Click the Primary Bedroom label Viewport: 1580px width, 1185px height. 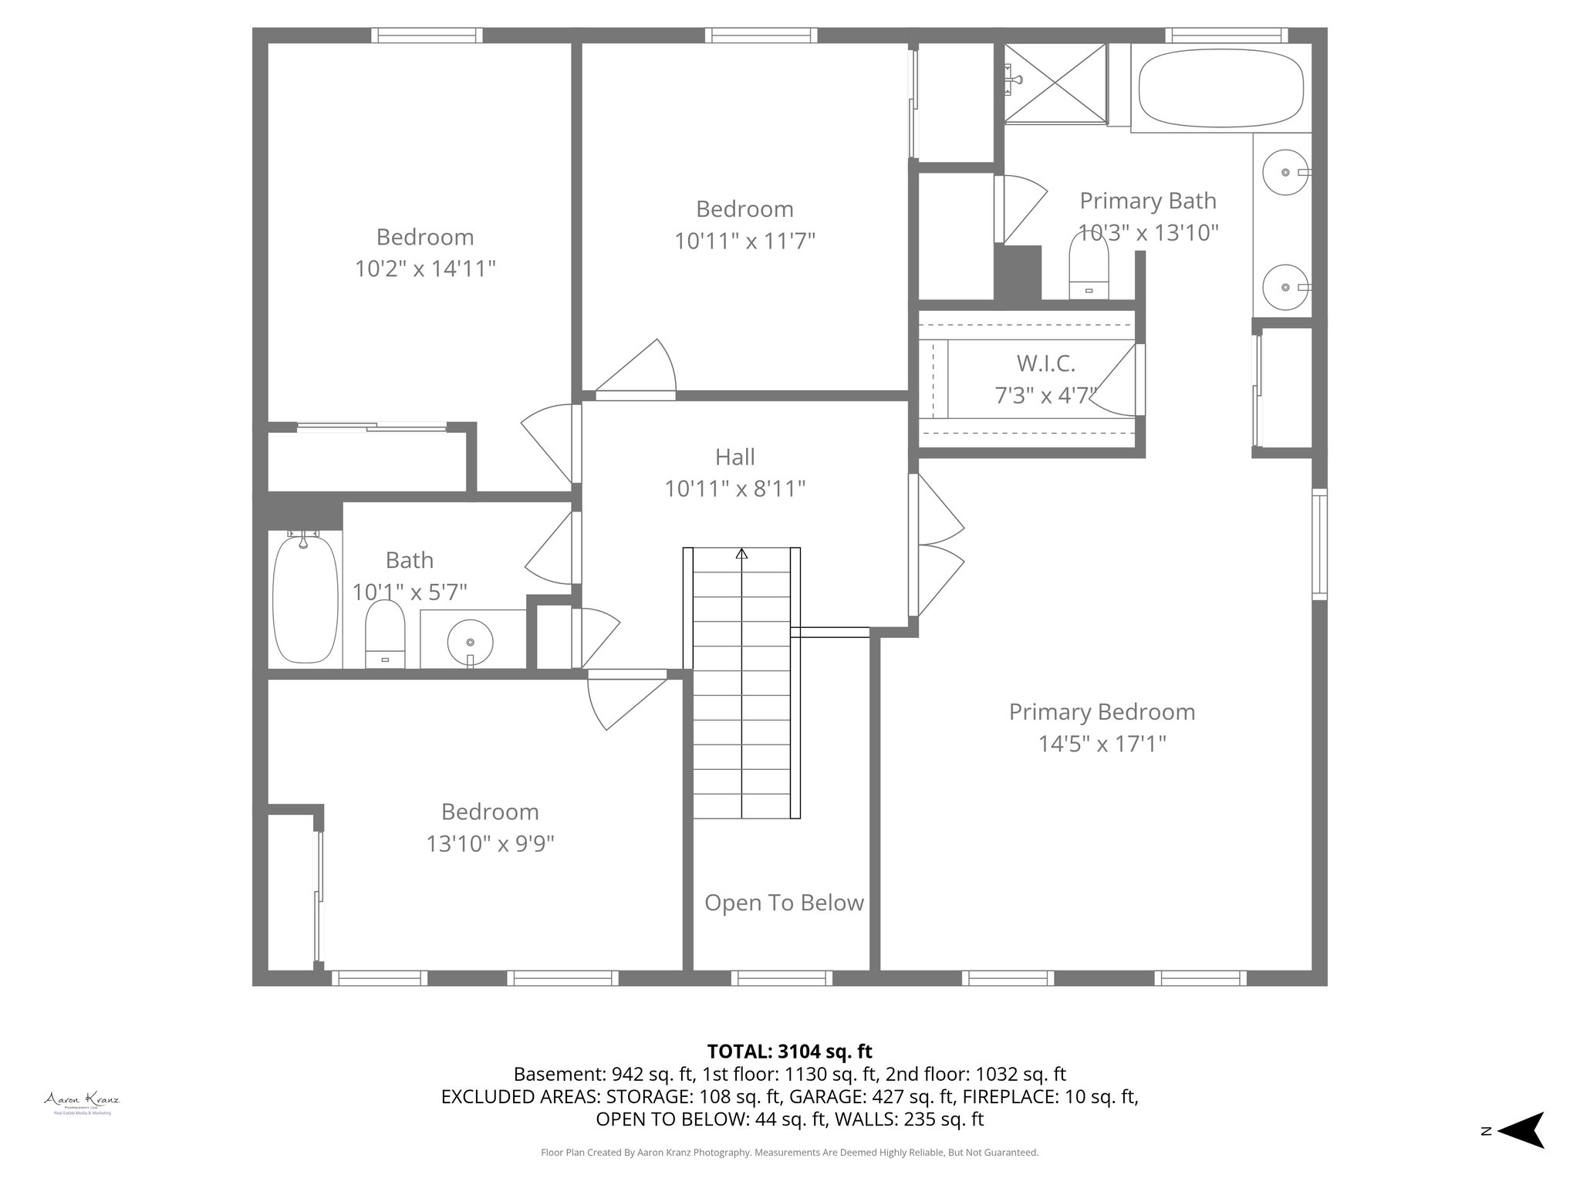[x=1102, y=712]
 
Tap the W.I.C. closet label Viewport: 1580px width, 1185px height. [x=1045, y=363]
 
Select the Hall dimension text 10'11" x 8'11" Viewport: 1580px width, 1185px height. [x=735, y=489]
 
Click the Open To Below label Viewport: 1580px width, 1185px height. [x=784, y=903]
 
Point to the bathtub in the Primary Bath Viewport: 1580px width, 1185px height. [x=1220, y=86]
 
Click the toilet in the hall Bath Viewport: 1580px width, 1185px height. [x=385, y=634]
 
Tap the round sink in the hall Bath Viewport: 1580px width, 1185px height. [x=471, y=641]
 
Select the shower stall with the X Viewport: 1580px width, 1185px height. [x=1055, y=83]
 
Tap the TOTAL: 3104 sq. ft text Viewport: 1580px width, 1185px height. [x=789, y=1052]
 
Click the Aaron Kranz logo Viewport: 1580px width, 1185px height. [x=82, y=1100]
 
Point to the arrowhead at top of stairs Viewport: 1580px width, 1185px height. [x=741, y=553]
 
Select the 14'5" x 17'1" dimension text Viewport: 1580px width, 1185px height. [x=1102, y=744]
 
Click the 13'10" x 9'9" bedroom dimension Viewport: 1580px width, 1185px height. [x=490, y=844]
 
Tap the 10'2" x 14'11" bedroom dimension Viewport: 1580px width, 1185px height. [x=424, y=269]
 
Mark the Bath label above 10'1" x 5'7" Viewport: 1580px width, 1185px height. [x=409, y=560]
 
